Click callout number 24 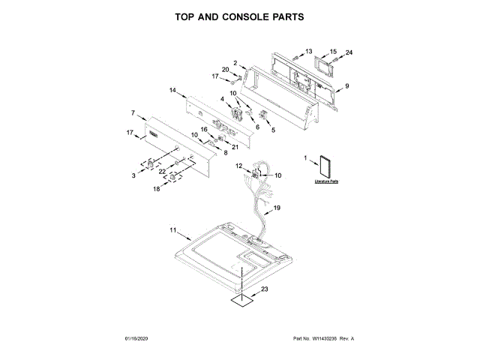pos(348,52)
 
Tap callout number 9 pos(346,86)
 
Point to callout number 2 pos(235,63)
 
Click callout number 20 pos(225,70)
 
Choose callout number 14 pos(172,90)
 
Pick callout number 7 pos(133,113)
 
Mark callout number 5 pos(272,130)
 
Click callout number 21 pos(235,145)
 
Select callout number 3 pos(133,175)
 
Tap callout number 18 pos(157,190)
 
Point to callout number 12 pos(238,165)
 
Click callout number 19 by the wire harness pos(277,207)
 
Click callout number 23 pos(264,289)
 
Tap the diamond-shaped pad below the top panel pos(241,301)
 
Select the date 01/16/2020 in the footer pos(136,339)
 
